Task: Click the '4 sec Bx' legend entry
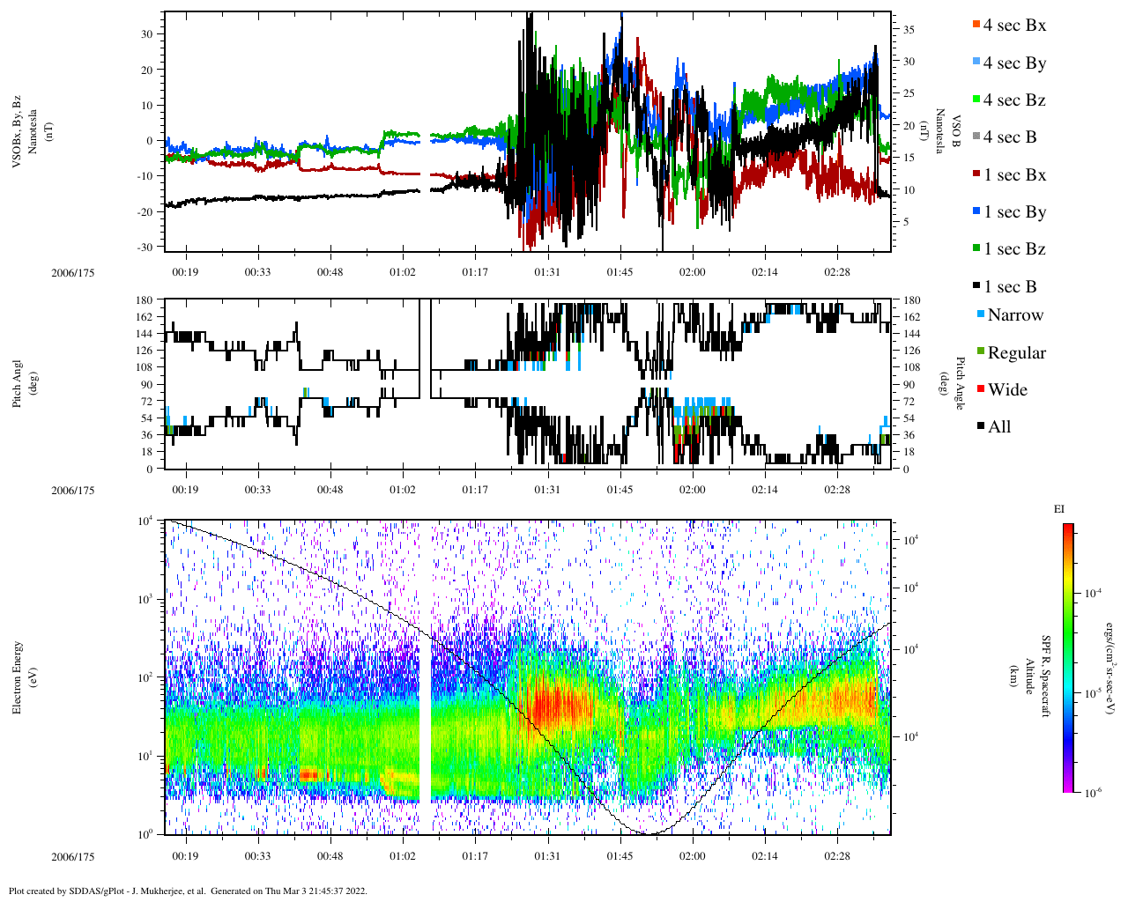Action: [1013, 26]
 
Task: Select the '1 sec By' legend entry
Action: [1013, 212]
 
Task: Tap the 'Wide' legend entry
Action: [1006, 390]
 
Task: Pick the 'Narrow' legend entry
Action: [1014, 315]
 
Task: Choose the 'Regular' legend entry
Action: [1016, 353]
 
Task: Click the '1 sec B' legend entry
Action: [1009, 287]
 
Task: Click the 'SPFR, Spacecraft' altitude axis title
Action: [1046, 676]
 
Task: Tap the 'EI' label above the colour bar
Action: [1059, 509]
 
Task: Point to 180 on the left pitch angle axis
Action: [145, 300]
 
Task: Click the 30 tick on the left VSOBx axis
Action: [147, 34]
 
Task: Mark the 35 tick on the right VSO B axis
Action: [909, 30]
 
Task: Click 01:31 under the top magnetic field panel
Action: [547, 272]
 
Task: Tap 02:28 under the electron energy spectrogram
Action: [837, 856]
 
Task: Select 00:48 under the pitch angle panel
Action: [330, 490]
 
